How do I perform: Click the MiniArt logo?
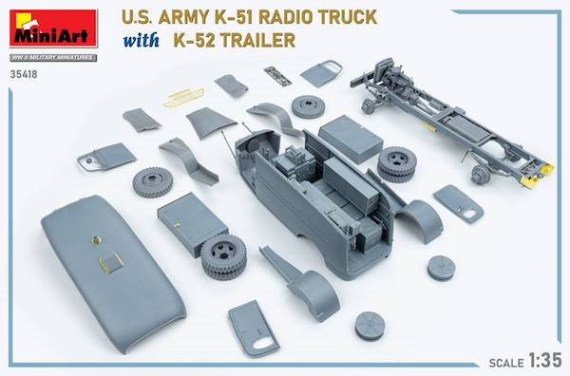53,28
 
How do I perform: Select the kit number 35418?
24,74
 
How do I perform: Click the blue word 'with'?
141,40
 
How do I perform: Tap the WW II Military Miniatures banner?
53,57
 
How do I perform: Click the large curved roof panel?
113,273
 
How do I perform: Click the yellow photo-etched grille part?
183,97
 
